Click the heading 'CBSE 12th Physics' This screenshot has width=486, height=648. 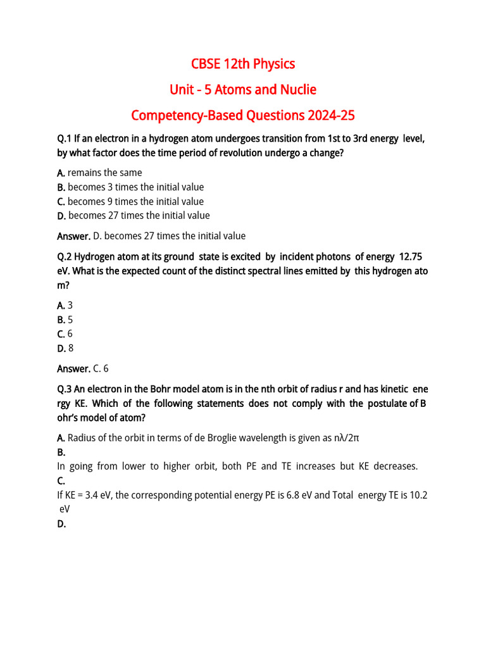coord(243,64)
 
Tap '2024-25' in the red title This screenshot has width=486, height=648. coord(331,116)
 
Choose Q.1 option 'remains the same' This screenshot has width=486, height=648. coord(104,173)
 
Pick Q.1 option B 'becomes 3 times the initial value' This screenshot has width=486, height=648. coord(135,187)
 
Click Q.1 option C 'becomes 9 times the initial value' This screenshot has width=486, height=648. coord(135,202)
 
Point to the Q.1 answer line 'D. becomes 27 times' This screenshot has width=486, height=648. coord(168,236)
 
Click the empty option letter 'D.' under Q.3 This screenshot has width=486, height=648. coord(61,524)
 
